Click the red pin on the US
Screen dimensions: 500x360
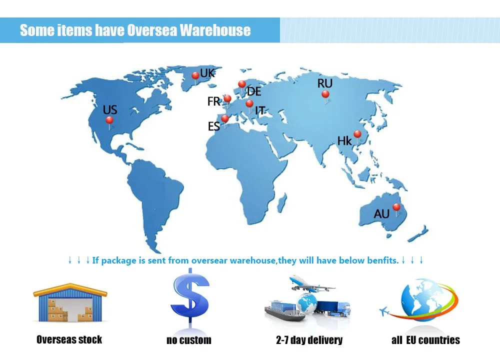(109, 120)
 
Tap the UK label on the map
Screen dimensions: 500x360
(207, 73)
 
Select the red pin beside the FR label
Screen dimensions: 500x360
(227, 99)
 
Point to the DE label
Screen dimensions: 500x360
(254, 91)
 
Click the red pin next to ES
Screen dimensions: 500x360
(225, 119)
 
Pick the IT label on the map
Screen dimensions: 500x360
(260, 110)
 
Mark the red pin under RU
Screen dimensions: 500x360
(325, 94)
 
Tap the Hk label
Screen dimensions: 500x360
(344, 141)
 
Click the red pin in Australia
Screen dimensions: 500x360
(396, 207)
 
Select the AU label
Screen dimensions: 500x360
(381, 214)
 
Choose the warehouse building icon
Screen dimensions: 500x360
(70, 302)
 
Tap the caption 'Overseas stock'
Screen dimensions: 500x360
(69, 340)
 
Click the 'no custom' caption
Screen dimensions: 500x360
(188, 340)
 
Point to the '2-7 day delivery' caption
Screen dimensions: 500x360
(309, 340)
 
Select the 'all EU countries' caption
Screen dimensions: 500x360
(425, 340)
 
